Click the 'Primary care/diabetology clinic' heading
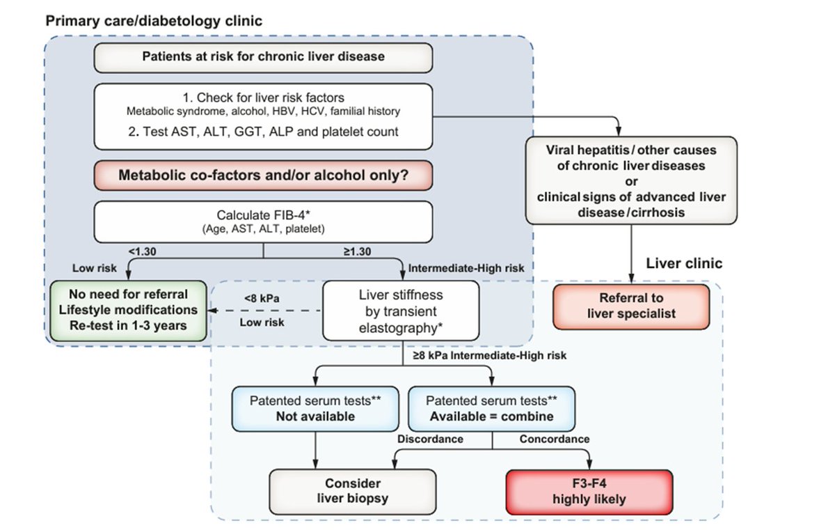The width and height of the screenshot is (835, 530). point(154,21)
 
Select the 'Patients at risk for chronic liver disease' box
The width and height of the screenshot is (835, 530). point(263,57)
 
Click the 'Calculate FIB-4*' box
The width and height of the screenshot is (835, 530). point(263,222)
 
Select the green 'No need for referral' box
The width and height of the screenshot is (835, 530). point(127,310)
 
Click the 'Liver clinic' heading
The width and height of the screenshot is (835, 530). point(685,263)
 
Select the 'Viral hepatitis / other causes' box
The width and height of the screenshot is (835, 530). point(631,180)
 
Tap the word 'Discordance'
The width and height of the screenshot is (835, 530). point(429,439)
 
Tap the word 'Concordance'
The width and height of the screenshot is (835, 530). point(555,439)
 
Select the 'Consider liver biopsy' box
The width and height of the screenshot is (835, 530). point(353,490)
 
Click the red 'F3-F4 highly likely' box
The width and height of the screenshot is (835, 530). point(589,490)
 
